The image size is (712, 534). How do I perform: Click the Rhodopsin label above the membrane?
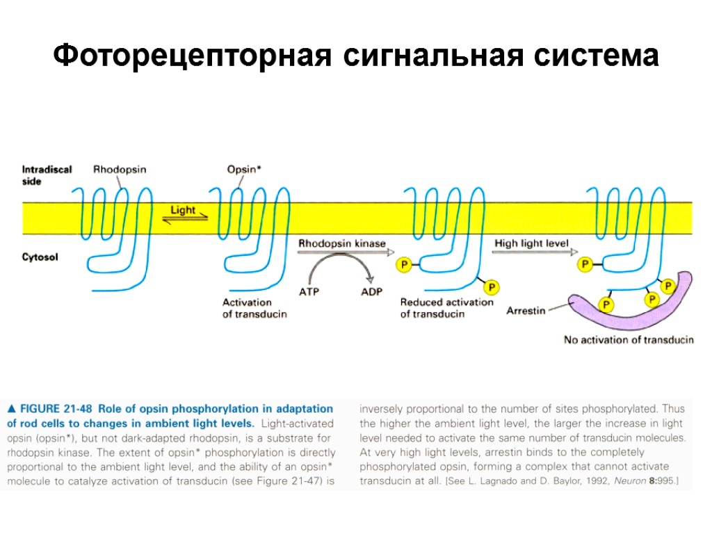pyautogui.click(x=120, y=169)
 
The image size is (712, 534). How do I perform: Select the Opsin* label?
pyautogui.click(x=245, y=169)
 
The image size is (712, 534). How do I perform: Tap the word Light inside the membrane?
pyautogui.click(x=183, y=210)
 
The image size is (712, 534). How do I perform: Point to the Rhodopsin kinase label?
pyautogui.click(x=341, y=243)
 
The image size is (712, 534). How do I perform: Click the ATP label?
pyautogui.click(x=309, y=292)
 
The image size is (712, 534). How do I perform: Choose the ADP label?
pyautogui.click(x=371, y=292)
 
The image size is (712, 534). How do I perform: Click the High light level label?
pyautogui.click(x=531, y=243)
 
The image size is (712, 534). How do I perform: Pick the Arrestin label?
pyautogui.click(x=526, y=310)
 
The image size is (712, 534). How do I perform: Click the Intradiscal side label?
pyautogui.click(x=47, y=175)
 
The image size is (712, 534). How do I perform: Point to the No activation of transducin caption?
pyautogui.click(x=628, y=340)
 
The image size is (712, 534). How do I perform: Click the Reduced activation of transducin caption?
pyautogui.click(x=446, y=308)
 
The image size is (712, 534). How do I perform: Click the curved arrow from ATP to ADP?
pyautogui.click(x=341, y=262)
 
